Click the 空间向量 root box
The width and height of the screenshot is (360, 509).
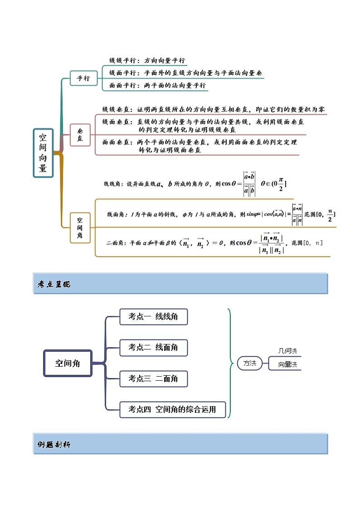pyautogui.click(x=43, y=153)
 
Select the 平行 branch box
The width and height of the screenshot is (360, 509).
pyautogui.click(x=83, y=78)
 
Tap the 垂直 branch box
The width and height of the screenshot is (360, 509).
pyautogui.click(x=80, y=135)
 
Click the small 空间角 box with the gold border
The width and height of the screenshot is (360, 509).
pyautogui.click(x=80, y=227)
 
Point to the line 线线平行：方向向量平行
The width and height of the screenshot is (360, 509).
pyautogui.click(x=147, y=60)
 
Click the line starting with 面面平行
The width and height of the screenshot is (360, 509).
pyautogui.click(x=157, y=85)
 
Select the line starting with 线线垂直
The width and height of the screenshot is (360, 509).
pyautogui.click(x=213, y=109)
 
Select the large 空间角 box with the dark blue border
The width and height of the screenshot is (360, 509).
pyautogui.click(x=67, y=363)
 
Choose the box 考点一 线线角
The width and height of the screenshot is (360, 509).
pyautogui.click(x=153, y=316)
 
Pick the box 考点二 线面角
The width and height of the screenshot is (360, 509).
pyautogui.click(x=153, y=348)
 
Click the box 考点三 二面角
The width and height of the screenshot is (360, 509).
pyautogui.click(x=153, y=378)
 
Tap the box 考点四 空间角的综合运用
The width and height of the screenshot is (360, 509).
pyautogui.click(x=172, y=410)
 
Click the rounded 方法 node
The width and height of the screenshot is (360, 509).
pyautogui.click(x=249, y=363)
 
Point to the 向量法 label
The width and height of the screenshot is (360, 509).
pyautogui.click(x=288, y=364)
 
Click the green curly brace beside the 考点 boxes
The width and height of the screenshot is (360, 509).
pyautogui.click(x=230, y=363)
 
